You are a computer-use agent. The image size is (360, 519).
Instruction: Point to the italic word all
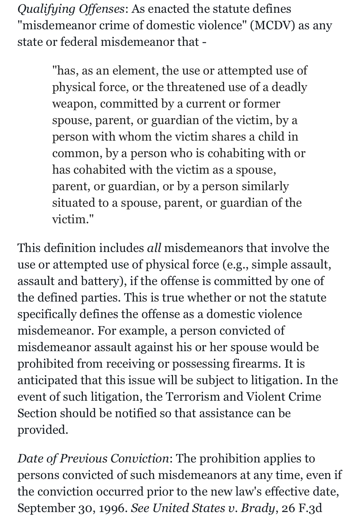(x=154, y=248)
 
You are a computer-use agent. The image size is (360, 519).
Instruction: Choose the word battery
(x=102, y=281)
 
